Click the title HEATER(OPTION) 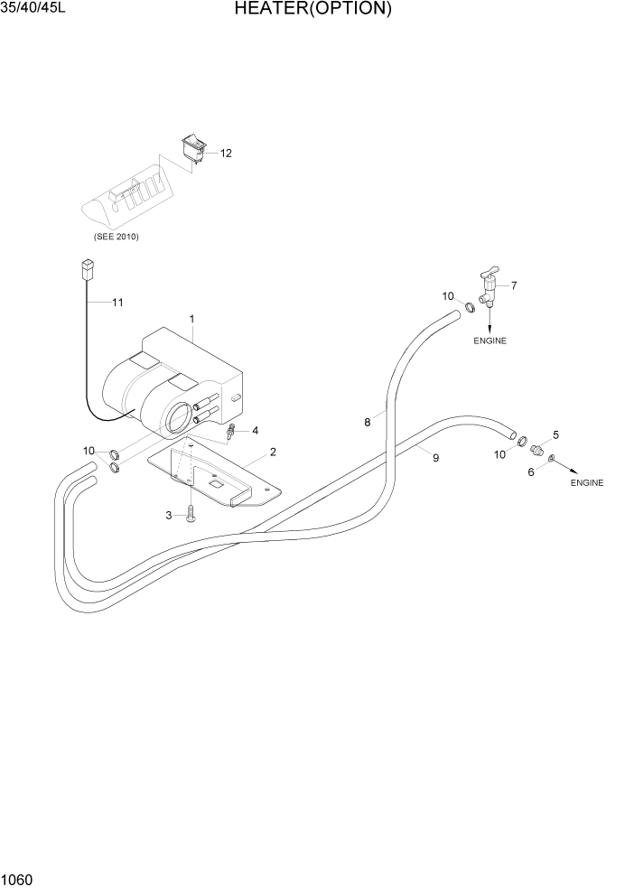(312, 10)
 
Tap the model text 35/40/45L (33, 9)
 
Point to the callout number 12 (226, 153)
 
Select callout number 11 (117, 303)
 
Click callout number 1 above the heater (192, 319)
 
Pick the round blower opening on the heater (180, 415)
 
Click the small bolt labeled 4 (232, 431)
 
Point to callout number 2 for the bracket (273, 452)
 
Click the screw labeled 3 (191, 515)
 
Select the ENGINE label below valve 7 (489, 341)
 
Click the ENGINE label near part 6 (586, 483)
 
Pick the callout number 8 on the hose (368, 422)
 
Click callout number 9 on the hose (435, 458)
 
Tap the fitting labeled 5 (537, 450)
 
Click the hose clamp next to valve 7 (470, 310)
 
